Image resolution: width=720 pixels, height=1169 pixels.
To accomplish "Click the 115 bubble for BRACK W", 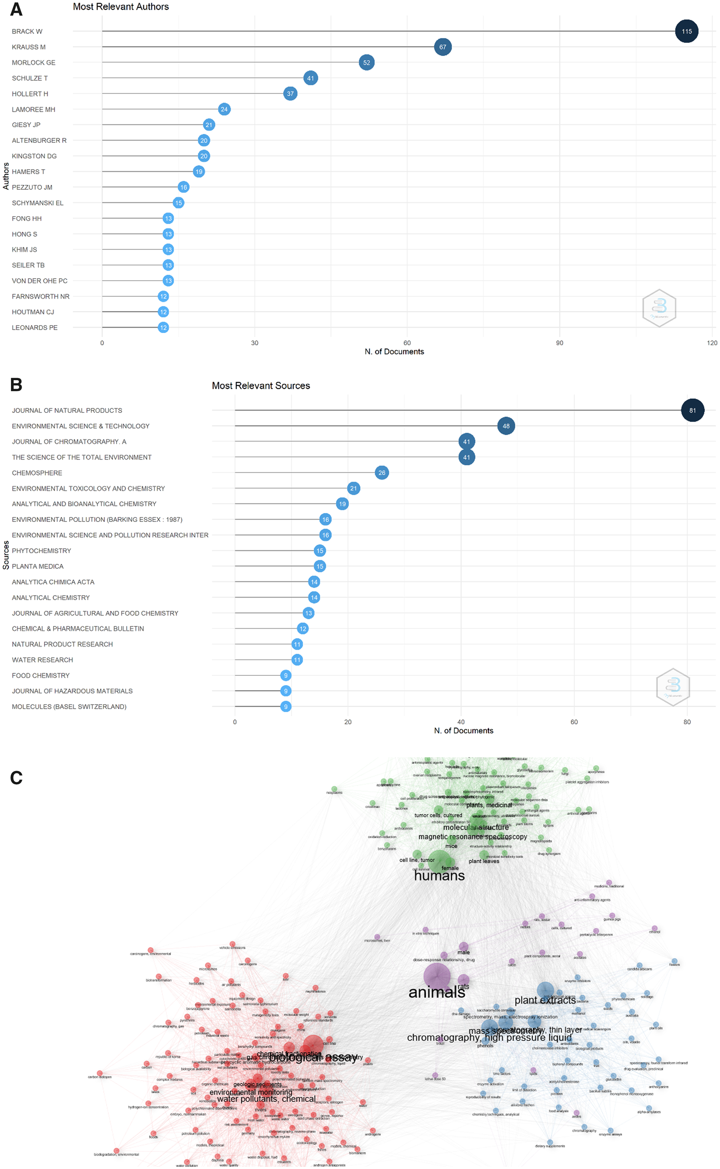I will (686, 31).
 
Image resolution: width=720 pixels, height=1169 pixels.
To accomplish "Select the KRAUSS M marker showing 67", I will (442, 47).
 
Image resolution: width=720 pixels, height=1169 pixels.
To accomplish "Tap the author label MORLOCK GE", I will (34, 62).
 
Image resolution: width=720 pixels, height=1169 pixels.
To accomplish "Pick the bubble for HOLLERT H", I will (290, 94).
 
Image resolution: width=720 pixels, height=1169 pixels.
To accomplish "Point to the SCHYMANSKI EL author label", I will (37, 203).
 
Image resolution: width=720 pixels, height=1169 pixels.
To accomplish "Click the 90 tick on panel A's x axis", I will (559, 343).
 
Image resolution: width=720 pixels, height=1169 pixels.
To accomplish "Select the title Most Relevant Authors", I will (120, 7).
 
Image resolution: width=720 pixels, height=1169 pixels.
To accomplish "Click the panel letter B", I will (16, 384).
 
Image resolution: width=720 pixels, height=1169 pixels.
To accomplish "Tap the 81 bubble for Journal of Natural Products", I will (692, 410).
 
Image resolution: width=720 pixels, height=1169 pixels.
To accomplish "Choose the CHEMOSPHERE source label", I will (37, 473).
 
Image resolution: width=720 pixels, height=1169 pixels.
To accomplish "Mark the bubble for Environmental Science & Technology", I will (506, 426).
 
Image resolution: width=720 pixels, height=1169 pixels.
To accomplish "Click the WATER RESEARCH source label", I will (42, 659).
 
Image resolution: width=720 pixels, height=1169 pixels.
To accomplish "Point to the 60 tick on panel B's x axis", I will (574, 722).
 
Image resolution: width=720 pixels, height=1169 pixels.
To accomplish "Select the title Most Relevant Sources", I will (260, 386).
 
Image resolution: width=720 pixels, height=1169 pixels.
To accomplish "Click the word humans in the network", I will (439, 875).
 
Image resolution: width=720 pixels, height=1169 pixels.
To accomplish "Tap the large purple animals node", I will (436, 977).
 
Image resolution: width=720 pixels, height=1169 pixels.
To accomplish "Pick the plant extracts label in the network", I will (545, 1000).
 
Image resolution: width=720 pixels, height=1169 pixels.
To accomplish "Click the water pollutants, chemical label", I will (266, 1098).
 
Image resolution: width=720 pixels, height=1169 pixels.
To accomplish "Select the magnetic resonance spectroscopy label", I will (472, 837).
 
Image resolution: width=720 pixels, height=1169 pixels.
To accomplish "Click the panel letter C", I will (16, 778).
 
